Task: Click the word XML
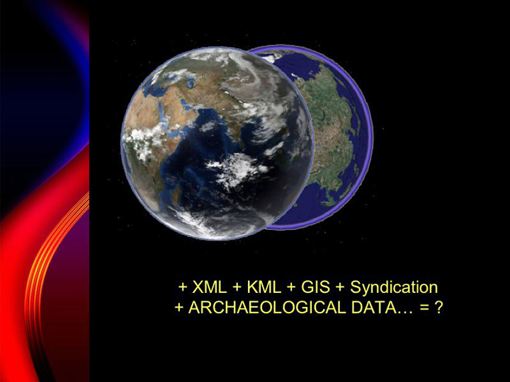point(210,287)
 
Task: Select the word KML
point(263,287)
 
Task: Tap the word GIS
point(315,287)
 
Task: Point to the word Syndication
point(394,287)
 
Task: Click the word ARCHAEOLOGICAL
point(267,307)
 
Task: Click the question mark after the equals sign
point(438,307)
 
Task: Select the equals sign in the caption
point(424,308)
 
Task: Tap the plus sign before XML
point(183,288)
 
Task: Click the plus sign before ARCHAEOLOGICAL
point(179,308)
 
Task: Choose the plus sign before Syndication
point(341,288)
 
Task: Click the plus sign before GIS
point(291,288)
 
